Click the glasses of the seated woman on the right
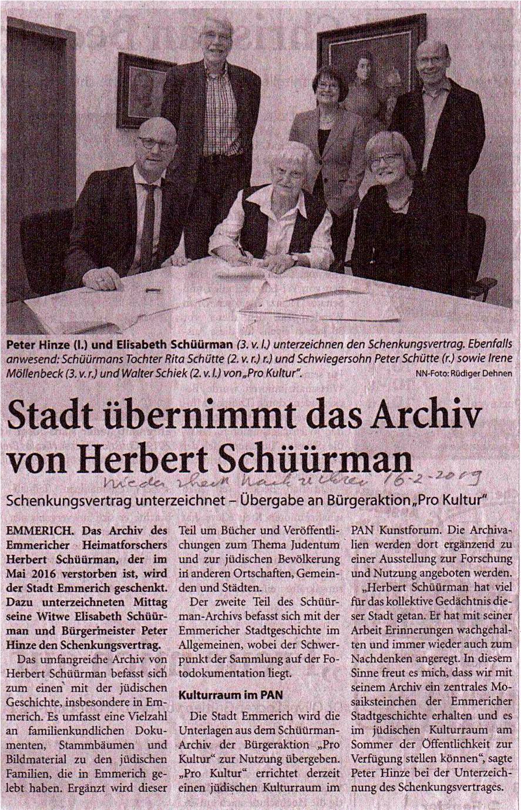[384, 159]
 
